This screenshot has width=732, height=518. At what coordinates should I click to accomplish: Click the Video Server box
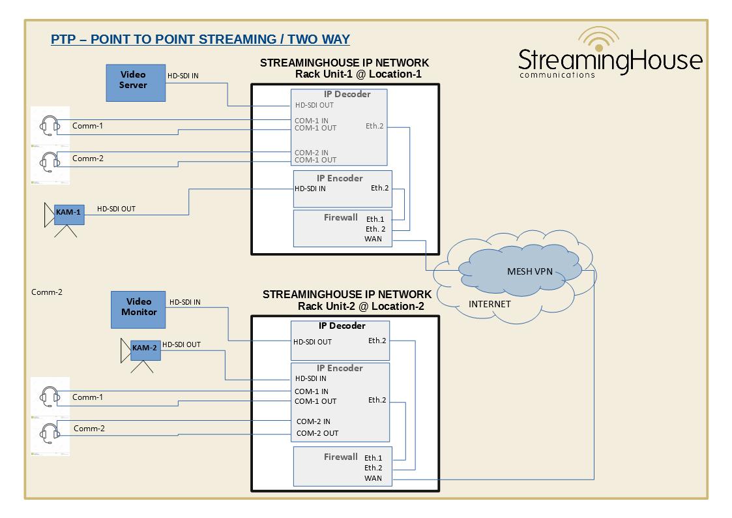(136, 82)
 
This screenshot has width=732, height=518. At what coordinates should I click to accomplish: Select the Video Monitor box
(138, 309)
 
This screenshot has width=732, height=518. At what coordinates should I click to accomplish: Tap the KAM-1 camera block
(68, 213)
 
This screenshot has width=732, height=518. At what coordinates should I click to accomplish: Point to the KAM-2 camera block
(145, 348)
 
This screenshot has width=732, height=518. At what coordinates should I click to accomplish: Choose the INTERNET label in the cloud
(490, 304)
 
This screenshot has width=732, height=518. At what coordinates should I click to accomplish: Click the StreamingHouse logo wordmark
(610, 61)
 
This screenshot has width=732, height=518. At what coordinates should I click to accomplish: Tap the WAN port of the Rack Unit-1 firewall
(373, 239)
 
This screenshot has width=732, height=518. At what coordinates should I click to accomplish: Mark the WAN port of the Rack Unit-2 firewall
(373, 479)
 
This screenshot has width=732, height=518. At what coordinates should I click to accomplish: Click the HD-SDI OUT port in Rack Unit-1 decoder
(314, 105)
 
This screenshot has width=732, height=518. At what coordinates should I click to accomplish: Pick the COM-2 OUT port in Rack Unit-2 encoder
(317, 433)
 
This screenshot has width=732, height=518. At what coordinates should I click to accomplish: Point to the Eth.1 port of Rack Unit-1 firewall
(375, 219)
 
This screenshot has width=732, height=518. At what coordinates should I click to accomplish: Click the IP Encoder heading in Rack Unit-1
(340, 178)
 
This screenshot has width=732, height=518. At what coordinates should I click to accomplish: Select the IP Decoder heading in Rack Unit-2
(342, 326)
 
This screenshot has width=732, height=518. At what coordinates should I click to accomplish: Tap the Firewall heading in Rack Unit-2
(340, 457)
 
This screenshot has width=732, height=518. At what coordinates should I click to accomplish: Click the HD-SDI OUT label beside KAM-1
(116, 209)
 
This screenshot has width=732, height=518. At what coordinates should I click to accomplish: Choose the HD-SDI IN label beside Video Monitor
(185, 302)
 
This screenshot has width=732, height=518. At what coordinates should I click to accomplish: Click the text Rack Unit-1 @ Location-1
(358, 74)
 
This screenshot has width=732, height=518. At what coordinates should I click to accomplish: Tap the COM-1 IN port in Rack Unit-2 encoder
(312, 391)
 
